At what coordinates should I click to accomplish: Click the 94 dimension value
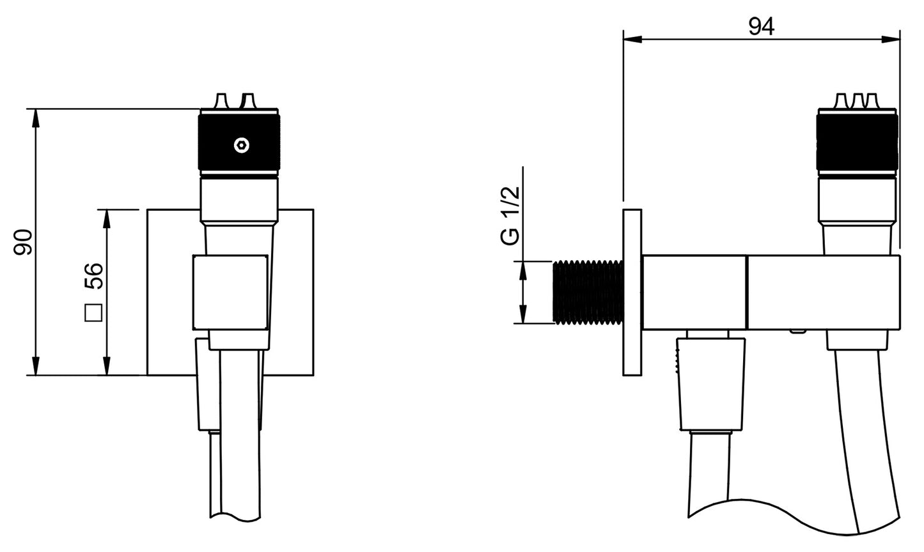tap(761, 27)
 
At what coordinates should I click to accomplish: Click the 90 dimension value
tap(23, 242)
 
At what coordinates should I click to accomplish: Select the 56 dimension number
tap(93, 275)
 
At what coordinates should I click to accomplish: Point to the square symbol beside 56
tap(93, 313)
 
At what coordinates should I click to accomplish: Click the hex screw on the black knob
tap(242, 146)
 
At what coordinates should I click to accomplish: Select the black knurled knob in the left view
tap(239, 142)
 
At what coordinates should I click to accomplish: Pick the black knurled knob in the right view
tap(857, 142)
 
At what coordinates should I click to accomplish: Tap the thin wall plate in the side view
tap(632, 292)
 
